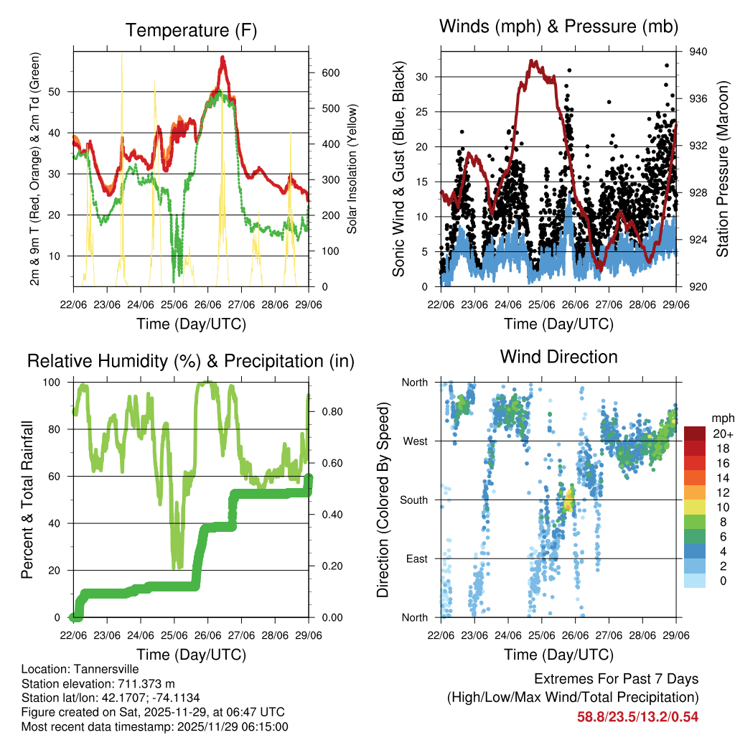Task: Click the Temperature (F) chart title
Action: point(190,30)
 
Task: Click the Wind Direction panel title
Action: point(558,356)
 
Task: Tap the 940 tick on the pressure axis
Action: point(699,52)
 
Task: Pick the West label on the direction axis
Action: point(415,441)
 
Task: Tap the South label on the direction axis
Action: point(413,500)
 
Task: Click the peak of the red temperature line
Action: point(223,57)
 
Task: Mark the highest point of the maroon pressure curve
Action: point(532,62)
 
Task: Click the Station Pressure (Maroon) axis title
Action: point(722,169)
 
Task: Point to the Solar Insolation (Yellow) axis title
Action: point(352,169)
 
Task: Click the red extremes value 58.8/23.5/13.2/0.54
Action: point(637,716)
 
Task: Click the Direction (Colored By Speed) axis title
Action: point(383,500)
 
